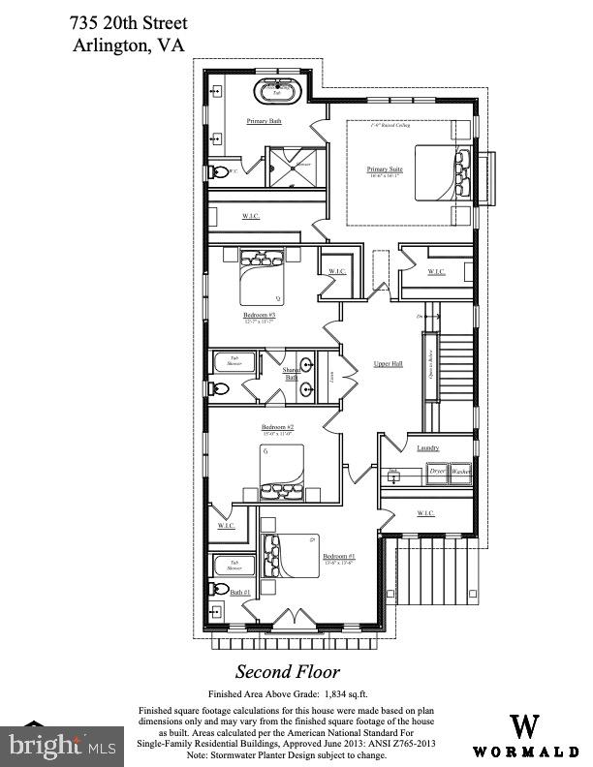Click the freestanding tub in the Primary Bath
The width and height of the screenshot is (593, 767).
278,93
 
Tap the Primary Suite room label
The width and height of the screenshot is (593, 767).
385,170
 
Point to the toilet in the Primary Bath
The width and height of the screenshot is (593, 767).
221,171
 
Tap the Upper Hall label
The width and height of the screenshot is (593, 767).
388,364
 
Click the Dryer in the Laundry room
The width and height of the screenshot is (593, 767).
437,471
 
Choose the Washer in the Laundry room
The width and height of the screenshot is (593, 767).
460,471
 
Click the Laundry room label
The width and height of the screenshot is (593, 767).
427,447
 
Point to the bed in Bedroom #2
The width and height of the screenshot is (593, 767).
283,470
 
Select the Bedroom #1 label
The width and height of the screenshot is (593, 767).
338,557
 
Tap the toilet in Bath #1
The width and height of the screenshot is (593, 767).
221,589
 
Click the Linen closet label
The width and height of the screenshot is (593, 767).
331,374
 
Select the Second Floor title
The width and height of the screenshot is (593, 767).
288,671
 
